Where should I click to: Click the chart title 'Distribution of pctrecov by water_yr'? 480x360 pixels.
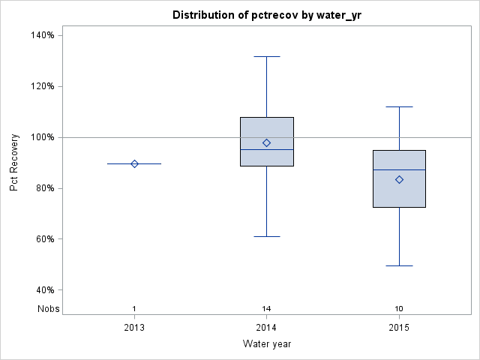(x=266, y=15)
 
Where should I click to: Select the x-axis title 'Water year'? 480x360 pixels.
(x=266, y=344)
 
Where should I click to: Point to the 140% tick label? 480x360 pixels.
(x=42, y=35)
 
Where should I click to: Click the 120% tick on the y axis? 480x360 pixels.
(x=42, y=86)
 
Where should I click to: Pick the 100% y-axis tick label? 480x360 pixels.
(x=42, y=137)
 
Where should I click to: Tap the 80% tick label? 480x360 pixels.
(x=44, y=188)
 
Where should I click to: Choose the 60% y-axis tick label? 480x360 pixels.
(x=44, y=239)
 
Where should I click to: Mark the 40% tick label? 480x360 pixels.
(x=44, y=290)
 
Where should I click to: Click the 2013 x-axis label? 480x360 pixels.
(x=134, y=327)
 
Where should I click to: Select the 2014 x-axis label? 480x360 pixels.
(x=266, y=327)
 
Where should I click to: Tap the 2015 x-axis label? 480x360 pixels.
(x=399, y=327)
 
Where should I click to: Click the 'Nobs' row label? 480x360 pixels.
(x=47, y=309)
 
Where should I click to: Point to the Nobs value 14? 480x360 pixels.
(x=266, y=309)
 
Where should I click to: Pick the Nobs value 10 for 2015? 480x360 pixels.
(x=399, y=309)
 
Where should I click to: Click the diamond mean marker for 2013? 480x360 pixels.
(x=134, y=163)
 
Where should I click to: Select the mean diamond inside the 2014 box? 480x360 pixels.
(x=266, y=142)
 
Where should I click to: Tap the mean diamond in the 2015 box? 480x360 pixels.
(x=399, y=179)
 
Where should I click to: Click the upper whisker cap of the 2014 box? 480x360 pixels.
(x=266, y=56)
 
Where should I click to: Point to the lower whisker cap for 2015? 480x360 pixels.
(x=399, y=265)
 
